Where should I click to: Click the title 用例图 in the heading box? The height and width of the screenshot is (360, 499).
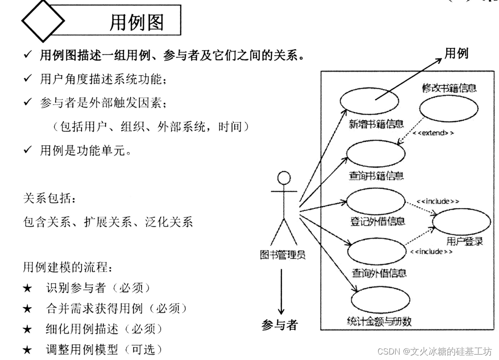pos(137,21)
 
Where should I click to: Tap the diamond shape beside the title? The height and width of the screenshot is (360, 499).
pos(43,21)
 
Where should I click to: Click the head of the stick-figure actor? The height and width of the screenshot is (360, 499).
pos(284,178)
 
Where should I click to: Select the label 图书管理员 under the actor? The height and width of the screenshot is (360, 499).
pos(283,254)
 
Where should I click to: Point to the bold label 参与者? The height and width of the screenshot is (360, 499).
pos(280,324)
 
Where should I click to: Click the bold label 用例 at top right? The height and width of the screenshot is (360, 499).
pos(456,54)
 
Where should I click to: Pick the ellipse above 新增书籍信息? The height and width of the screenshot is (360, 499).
pos(369,100)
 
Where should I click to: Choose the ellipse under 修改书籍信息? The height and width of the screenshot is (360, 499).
pos(449,108)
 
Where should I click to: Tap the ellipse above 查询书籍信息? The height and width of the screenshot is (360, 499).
pos(376,154)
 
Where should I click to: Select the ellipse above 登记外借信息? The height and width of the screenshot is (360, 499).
pos(376,201)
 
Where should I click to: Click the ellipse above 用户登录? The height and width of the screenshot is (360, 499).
pos(461,222)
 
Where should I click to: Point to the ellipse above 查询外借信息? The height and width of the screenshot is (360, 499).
pos(376,251)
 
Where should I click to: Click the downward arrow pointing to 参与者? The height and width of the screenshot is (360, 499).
pos(281,292)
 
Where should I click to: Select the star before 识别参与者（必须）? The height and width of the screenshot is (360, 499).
pos(27,288)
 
